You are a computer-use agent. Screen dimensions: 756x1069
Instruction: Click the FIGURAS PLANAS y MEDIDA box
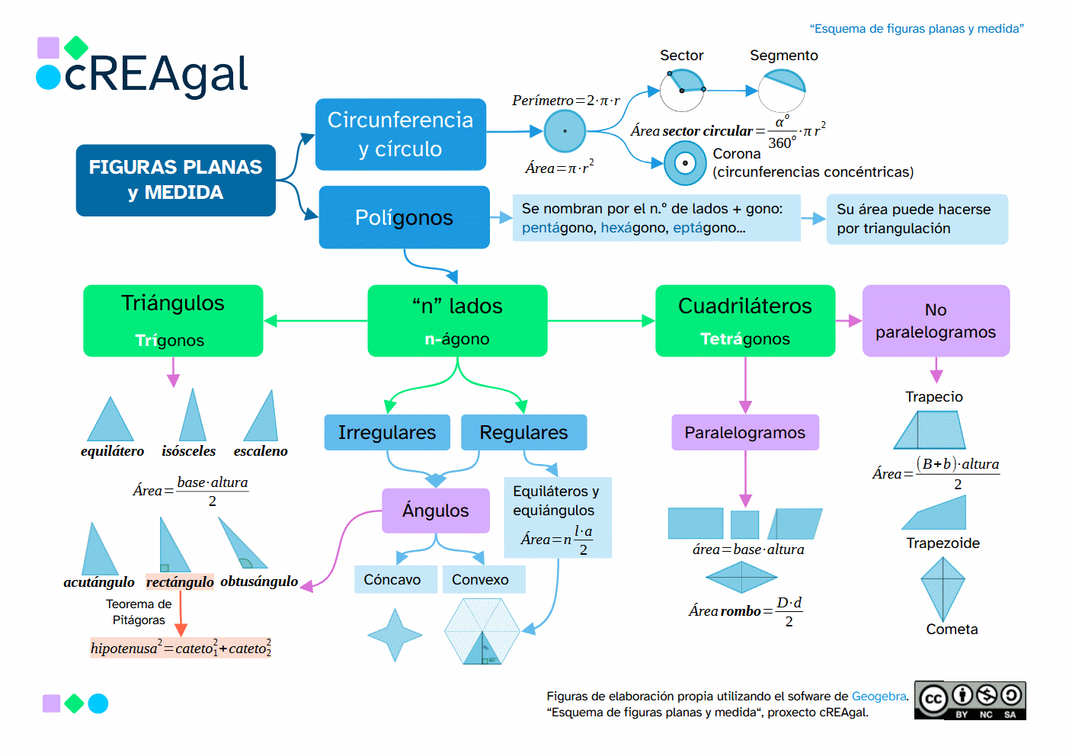(175, 180)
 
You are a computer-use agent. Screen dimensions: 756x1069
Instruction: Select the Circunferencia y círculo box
(401, 134)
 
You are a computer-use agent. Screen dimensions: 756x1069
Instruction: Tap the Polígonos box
(404, 217)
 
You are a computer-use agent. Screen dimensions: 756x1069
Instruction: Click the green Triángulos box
(173, 320)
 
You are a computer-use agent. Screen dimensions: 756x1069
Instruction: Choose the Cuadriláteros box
(744, 320)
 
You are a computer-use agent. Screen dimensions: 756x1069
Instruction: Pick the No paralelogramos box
(936, 320)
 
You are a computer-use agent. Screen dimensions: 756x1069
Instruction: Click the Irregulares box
(387, 432)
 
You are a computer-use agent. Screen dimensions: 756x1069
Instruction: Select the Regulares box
(523, 432)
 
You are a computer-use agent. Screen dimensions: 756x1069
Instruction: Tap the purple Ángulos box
(436, 511)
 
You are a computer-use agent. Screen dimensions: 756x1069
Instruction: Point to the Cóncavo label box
(392, 579)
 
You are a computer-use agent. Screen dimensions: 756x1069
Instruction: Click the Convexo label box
(480, 579)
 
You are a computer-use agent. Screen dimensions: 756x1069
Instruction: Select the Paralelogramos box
(744, 432)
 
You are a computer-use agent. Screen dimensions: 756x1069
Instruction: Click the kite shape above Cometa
(943, 588)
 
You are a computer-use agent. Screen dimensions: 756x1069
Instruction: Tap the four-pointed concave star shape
(395, 635)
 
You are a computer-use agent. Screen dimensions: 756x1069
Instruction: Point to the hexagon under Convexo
(482, 631)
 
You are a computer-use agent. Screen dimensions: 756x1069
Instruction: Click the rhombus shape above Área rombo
(741, 578)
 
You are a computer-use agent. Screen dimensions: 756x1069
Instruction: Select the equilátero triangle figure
(110, 421)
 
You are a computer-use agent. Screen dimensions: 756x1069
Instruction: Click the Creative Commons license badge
(970, 700)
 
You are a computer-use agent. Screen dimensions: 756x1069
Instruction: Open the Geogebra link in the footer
(879, 696)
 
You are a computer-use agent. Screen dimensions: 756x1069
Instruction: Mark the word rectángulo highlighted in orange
(180, 581)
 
